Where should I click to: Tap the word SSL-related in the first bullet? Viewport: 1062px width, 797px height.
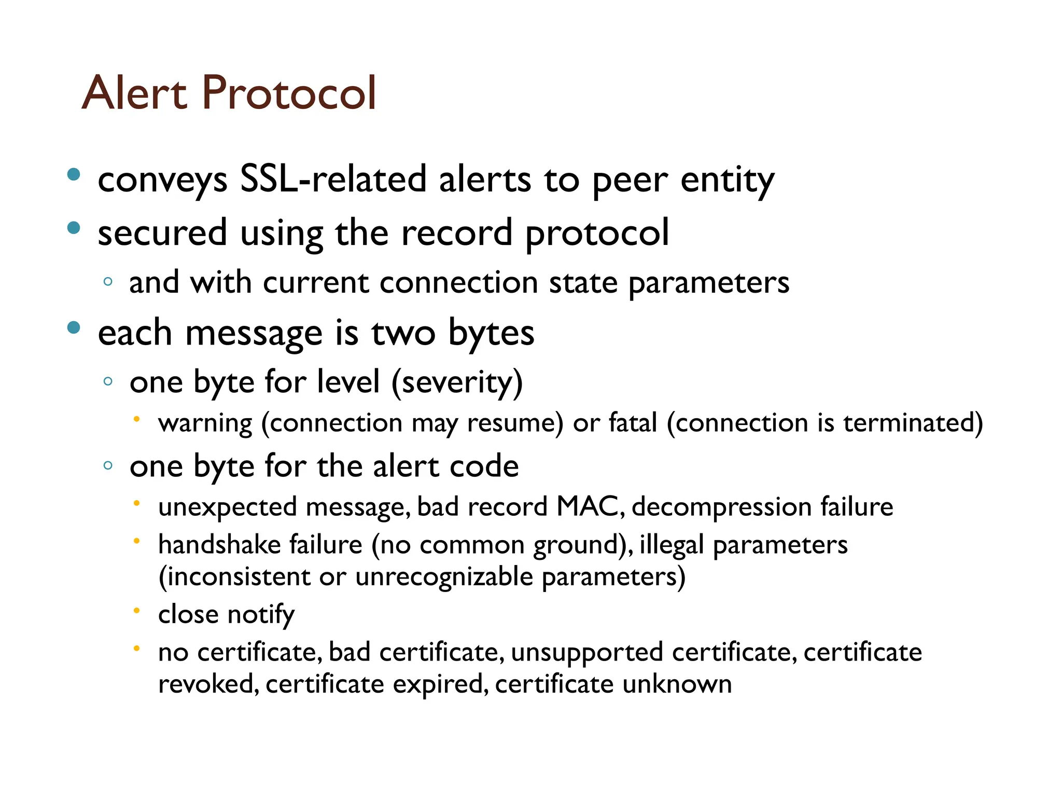point(333,180)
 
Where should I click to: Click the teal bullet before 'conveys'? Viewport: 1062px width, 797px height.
point(74,174)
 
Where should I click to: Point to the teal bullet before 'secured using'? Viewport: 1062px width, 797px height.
point(74,228)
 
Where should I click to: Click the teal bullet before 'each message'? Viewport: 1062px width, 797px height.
point(74,327)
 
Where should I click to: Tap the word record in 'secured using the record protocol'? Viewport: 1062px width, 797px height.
point(456,232)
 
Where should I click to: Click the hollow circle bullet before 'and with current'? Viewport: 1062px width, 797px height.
point(108,282)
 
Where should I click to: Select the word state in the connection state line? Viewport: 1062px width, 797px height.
point(583,283)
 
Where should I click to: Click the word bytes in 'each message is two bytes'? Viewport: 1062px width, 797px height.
point(491,333)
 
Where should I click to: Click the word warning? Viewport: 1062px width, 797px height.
point(205,423)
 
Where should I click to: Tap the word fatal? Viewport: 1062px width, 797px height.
point(633,422)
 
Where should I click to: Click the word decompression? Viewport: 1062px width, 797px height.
point(721,507)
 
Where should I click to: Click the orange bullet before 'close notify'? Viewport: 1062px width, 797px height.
point(136,611)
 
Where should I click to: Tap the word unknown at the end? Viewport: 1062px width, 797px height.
point(677,684)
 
